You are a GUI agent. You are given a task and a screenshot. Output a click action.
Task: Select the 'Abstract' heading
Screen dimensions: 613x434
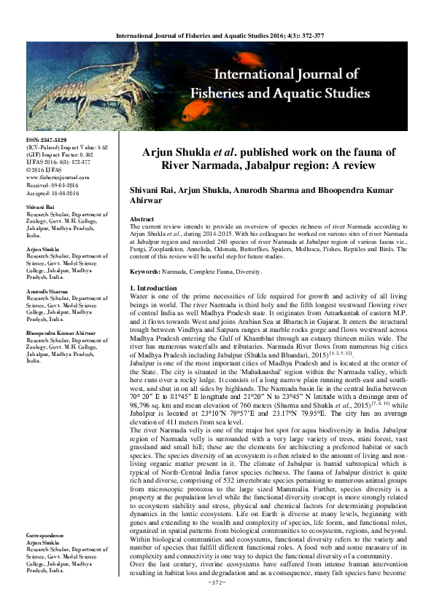click(x=141, y=219)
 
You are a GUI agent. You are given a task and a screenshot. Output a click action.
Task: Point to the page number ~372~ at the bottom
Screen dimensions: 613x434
click(x=217, y=604)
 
